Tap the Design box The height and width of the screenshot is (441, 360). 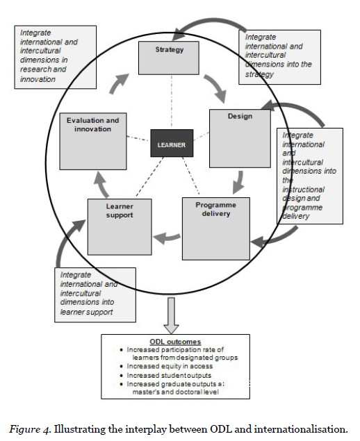(x=239, y=137)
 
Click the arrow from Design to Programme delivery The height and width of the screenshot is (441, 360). (x=238, y=183)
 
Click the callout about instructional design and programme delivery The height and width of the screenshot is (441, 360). (x=311, y=175)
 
